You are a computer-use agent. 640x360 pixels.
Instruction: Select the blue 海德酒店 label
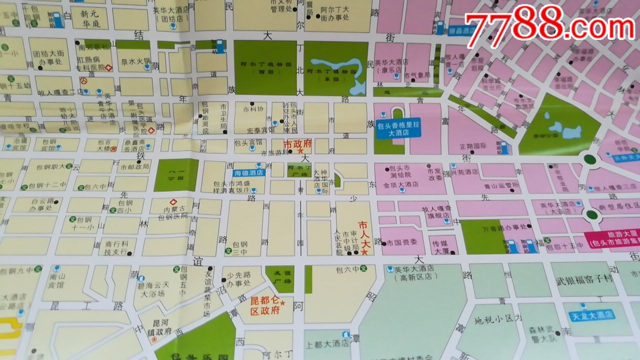click(249, 173)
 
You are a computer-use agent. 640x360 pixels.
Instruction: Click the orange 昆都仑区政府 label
click(264, 306)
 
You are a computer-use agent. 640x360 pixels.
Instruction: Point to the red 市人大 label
click(366, 231)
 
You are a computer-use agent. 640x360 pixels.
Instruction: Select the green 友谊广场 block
click(279, 279)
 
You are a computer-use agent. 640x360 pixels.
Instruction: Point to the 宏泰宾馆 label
click(254, 129)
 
